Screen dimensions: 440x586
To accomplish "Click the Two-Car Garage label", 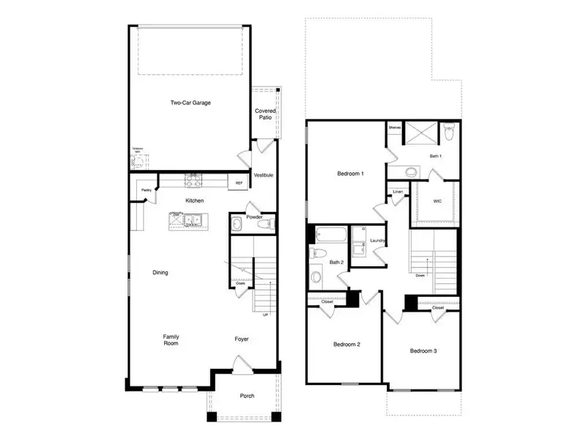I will coord(190,103).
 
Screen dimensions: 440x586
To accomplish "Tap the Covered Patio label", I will coord(265,115).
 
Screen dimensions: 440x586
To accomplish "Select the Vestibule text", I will coord(264,176).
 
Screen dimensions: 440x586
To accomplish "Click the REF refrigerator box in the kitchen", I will coord(239,183).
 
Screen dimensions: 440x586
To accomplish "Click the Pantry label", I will coord(146,189).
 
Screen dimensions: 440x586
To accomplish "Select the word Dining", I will coord(160,273).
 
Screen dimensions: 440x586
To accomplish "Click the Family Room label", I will coord(171,340).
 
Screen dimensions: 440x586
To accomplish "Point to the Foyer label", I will coord(242,340).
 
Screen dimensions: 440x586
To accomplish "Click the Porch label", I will coord(248,397).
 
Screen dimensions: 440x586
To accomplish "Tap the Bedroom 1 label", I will coord(350,174).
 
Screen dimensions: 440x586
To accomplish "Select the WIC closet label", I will coord(437,200).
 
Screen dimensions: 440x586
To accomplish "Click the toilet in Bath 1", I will coord(450,133).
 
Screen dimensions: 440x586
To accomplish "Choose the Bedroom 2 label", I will coord(346,344).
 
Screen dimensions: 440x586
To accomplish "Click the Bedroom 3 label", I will coord(423,351).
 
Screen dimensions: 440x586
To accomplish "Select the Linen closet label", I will coord(398,192).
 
